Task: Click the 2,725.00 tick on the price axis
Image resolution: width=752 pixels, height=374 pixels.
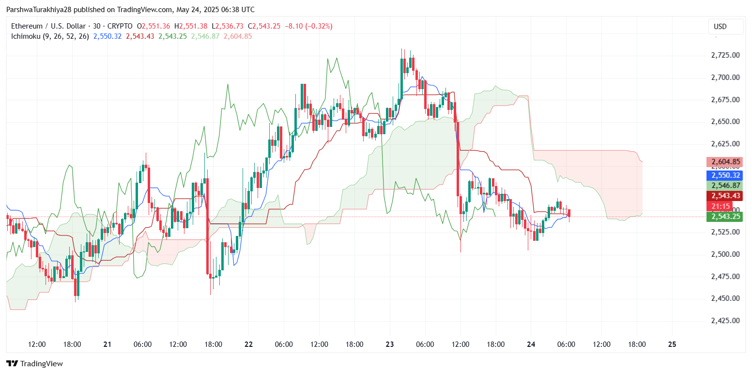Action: pos(725,55)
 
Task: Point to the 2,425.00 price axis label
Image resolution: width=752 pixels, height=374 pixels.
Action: pos(725,321)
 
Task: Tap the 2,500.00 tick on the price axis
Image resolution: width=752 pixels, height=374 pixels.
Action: pos(725,254)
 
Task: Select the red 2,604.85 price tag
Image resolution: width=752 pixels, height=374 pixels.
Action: pos(724,162)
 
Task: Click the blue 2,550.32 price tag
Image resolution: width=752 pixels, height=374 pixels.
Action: pos(724,175)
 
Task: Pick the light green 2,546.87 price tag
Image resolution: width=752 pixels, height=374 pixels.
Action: pos(724,186)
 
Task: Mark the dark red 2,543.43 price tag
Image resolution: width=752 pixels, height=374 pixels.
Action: pos(724,196)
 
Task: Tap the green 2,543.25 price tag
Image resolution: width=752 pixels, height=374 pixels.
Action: pos(724,216)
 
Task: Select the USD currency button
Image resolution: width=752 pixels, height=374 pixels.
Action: pos(720,27)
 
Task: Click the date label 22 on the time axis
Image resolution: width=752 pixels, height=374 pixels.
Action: pos(248,344)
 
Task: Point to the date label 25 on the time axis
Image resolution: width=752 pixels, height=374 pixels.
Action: pos(672,344)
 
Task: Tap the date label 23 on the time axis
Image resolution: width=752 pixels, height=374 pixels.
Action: pos(390,344)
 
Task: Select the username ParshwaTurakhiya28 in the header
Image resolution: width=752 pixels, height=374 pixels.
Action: pos(37,10)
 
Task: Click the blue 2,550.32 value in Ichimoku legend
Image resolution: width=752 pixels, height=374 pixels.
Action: pos(107,36)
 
